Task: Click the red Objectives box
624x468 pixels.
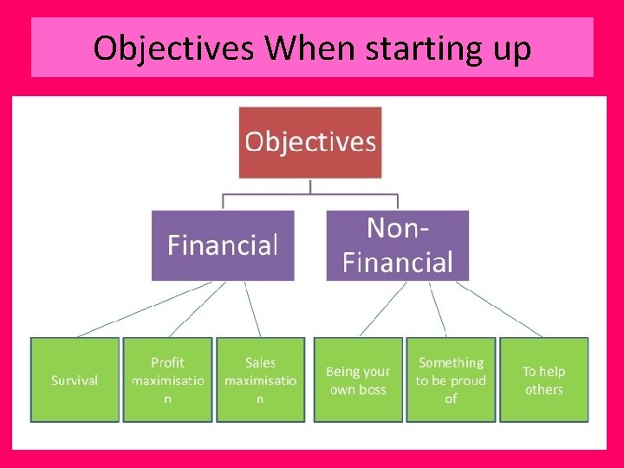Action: [310, 142]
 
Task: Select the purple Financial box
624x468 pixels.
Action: [223, 245]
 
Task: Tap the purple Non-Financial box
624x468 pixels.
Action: [397, 245]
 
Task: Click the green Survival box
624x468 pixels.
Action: [75, 380]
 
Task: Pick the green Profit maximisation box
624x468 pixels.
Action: [167, 380]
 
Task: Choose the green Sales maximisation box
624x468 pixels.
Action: [260, 380]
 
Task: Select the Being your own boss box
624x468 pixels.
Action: [358, 380]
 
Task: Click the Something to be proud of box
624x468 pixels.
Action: [451, 380]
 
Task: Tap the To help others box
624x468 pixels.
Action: [543, 380]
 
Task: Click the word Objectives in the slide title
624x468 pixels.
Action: [173, 49]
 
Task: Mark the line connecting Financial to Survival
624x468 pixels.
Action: [143, 309]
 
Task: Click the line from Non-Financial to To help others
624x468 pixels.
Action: [499, 309]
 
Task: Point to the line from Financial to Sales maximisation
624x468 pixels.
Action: [252, 309]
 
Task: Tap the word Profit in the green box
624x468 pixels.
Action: [167, 362]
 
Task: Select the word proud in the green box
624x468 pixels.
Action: [468, 380]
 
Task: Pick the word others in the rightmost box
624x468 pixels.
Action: [543, 389]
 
